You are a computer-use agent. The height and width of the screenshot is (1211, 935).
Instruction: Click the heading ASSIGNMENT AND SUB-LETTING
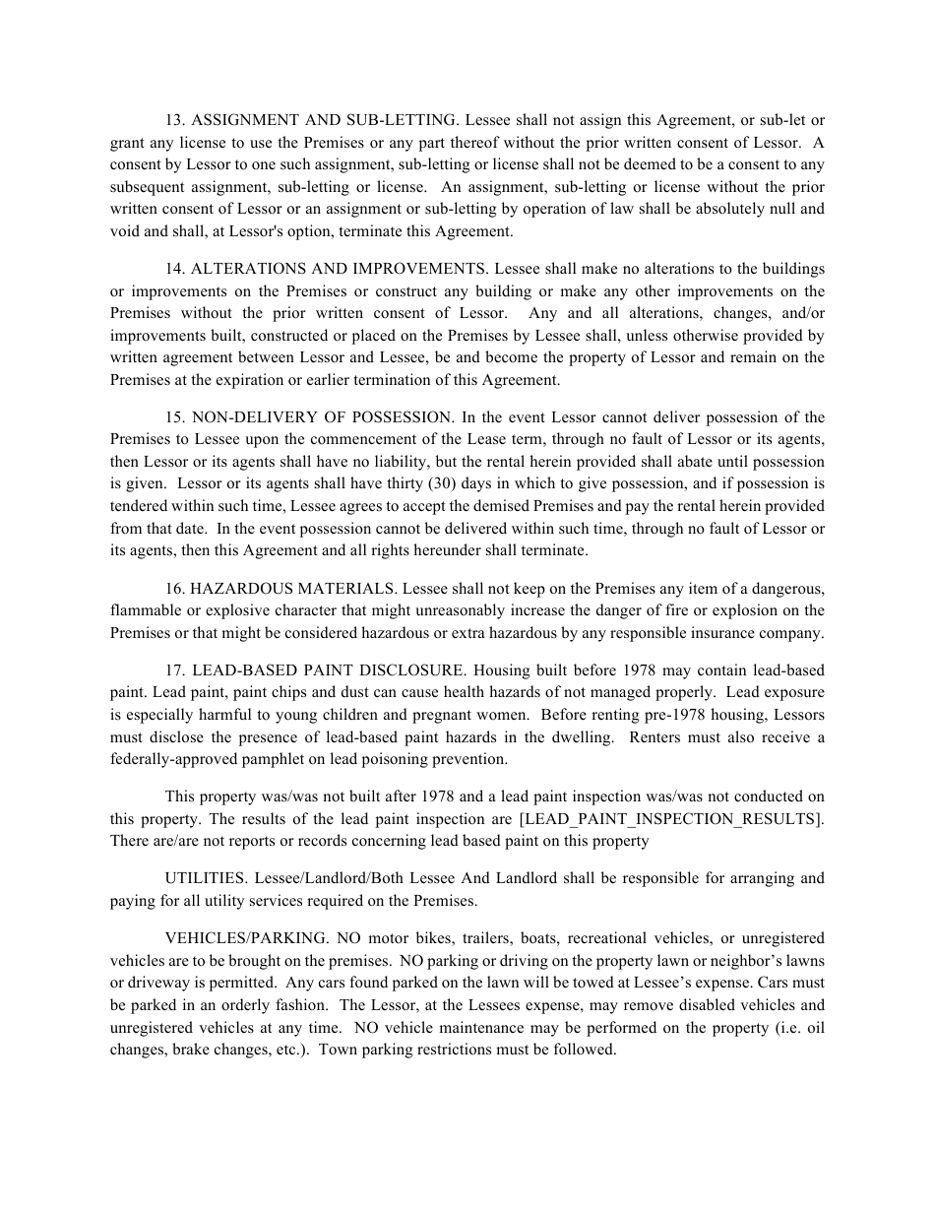pos(324,120)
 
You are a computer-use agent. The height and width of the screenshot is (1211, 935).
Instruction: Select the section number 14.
pos(174,269)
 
